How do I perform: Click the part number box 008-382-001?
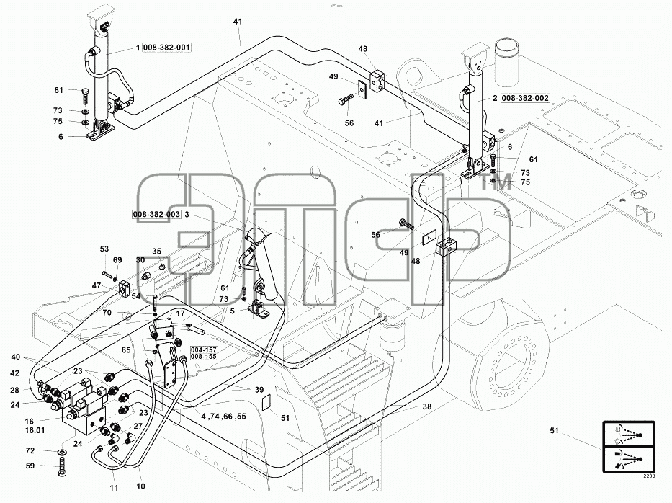(x=166, y=48)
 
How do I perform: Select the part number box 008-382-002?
(x=525, y=98)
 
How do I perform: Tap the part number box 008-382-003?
(x=156, y=215)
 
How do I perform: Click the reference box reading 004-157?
(x=204, y=350)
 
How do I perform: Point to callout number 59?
(x=30, y=466)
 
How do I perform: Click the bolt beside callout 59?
(x=62, y=466)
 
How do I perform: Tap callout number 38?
(x=427, y=406)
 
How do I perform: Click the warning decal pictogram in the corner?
(x=629, y=447)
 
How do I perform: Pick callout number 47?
(x=97, y=285)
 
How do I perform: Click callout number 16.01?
(x=35, y=430)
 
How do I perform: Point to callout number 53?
(x=104, y=249)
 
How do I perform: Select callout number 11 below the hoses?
(x=114, y=488)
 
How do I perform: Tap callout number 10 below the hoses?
(x=140, y=486)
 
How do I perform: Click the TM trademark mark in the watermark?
(x=496, y=183)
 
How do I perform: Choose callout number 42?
(x=15, y=373)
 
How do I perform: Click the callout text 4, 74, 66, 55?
(x=224, y=417)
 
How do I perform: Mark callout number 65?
(x=126, y=350)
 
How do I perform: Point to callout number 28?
(x=15, y=391)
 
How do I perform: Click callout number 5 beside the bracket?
(x=233, y=311)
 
